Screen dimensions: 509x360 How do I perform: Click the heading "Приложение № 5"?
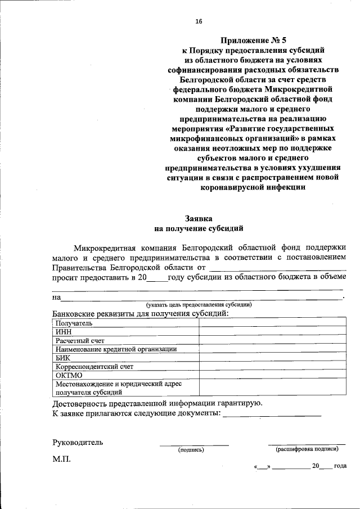253,39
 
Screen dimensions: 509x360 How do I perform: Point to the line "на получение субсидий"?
199,228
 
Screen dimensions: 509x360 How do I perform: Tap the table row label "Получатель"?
74,323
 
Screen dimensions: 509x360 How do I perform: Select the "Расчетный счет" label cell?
80,340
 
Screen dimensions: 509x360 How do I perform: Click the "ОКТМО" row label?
69,375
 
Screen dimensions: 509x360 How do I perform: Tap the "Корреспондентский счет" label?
94,366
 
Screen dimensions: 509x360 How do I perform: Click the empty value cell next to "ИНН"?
272,332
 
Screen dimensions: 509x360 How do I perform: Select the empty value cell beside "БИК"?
272,357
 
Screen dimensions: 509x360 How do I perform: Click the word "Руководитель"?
78,442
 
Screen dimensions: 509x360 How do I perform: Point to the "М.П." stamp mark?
61,460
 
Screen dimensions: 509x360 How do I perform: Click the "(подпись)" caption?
191,450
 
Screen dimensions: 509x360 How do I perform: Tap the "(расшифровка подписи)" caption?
307,449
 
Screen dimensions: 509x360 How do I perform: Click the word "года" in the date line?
340,466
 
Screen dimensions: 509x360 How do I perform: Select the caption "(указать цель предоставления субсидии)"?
199,304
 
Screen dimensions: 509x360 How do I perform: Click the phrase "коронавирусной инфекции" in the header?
253,188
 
